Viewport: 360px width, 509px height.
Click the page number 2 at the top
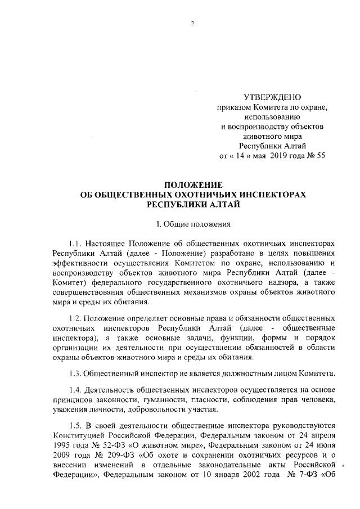tap(192, 23)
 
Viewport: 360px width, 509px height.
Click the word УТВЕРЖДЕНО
tap(269, 97)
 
